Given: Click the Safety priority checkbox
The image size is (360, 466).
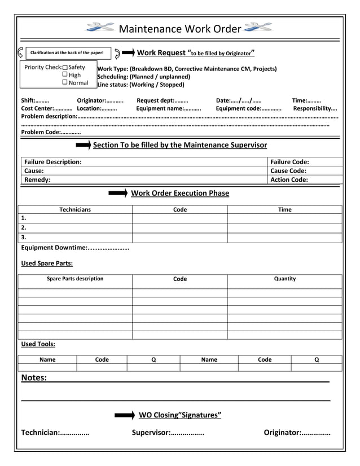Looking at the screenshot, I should click(65, 68).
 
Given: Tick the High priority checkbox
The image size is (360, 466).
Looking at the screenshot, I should click(65, 75).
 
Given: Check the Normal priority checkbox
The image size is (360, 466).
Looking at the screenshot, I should click(65, 83).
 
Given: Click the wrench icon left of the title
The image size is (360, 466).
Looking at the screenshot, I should click(100, 28).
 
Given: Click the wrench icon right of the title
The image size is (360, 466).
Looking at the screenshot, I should click(258, 28).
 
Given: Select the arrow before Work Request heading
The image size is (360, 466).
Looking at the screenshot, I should click(128, 53).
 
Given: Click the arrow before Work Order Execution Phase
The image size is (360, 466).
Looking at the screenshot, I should click(118, 194).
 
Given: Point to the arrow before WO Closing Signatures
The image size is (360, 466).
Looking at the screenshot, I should click(125, 416).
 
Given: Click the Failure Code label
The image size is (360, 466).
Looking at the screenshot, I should click(289, 162).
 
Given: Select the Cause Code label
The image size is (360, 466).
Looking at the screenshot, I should click(288, 171).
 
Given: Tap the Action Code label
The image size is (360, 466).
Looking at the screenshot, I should click(289, 180).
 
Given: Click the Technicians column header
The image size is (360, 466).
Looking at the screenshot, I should click(75, 210).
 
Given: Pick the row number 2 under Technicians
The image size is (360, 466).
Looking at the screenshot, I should click(24, 227).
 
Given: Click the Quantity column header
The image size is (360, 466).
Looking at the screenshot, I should click(285, 279).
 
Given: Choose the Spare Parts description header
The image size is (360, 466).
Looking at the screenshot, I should click(75, 279).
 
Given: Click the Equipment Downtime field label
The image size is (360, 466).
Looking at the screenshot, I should click(54, 248).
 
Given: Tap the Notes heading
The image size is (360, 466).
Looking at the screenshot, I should click(34, 378).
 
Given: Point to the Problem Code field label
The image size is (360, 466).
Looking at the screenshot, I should click(41, 132).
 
